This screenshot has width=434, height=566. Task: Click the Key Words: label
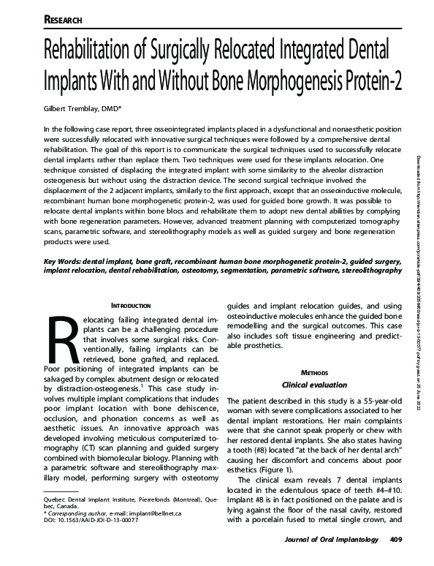pos(64,260)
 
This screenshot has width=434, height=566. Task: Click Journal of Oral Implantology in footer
pos(330,559)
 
